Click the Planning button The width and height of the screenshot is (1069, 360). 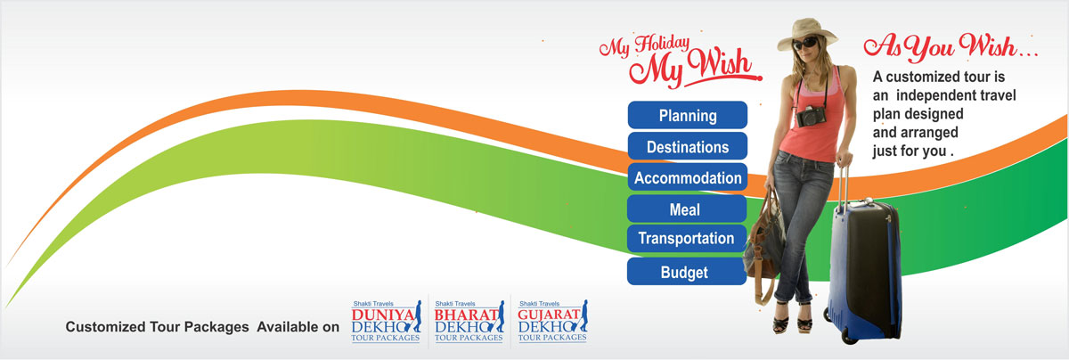click(687, 115)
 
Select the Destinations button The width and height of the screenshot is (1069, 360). click(687, 146)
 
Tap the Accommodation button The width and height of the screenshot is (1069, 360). click(687, 177)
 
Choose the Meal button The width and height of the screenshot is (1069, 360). click(687, 209)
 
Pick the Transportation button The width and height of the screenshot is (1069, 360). click(687, 238)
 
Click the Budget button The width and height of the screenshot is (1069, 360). click(687, 271)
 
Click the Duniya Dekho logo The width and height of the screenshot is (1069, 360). click(386, 322)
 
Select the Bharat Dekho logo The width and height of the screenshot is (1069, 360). click(469, 322)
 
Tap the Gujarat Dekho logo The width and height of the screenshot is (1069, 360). click(552, 322)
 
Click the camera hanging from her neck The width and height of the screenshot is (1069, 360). click(811, 116)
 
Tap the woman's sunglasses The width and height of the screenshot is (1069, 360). click(805, 44)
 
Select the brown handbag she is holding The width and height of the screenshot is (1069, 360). click(764, 243)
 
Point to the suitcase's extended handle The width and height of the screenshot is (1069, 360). click(844, 184)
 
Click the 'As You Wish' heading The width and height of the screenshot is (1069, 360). click(950, 47)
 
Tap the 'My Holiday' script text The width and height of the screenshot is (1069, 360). click(644, 46)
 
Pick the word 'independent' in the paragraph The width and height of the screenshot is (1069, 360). click(943, 95)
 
